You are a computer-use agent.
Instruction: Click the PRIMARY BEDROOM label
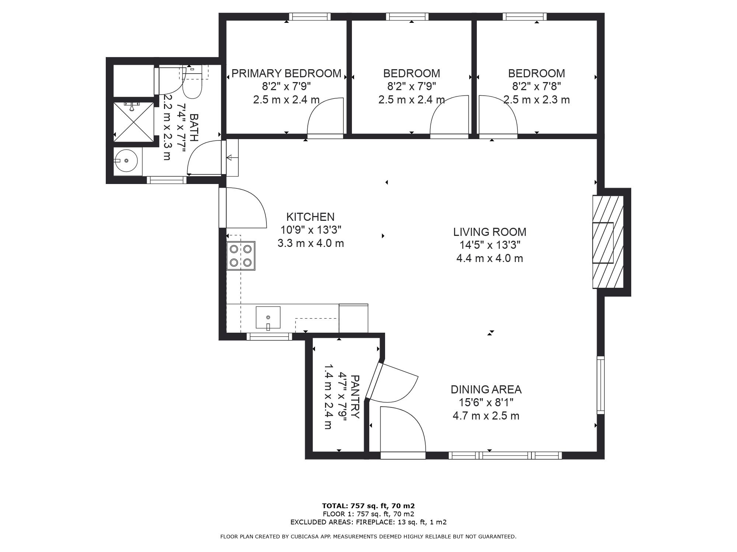coord(286,74)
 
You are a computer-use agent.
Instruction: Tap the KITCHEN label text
coord(311,217)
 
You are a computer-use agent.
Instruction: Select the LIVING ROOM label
coord(490,232)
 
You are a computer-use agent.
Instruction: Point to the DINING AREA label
coord(486,389)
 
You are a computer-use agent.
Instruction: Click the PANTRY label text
coord(354,397)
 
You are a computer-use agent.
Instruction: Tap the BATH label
coord(194,128)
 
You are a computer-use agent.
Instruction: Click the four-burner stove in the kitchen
coord(241,256)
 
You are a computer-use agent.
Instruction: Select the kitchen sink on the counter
coord(268,317)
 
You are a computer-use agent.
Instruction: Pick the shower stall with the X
coord(133,121)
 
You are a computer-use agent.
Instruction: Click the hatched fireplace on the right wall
coord(608,242)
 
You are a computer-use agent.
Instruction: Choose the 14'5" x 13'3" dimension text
coord(490,245)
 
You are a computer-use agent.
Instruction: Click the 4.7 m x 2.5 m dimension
coord(486,416)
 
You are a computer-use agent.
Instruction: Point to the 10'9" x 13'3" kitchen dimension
coord(311,230)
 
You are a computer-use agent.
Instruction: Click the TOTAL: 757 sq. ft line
coord(368,506)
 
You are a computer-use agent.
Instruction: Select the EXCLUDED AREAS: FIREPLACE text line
coord(368,522)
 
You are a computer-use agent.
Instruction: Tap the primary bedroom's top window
coord(310,17)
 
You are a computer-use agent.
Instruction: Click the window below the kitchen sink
coord(269,336)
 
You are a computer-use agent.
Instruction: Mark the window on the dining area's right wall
coord(601,385)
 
